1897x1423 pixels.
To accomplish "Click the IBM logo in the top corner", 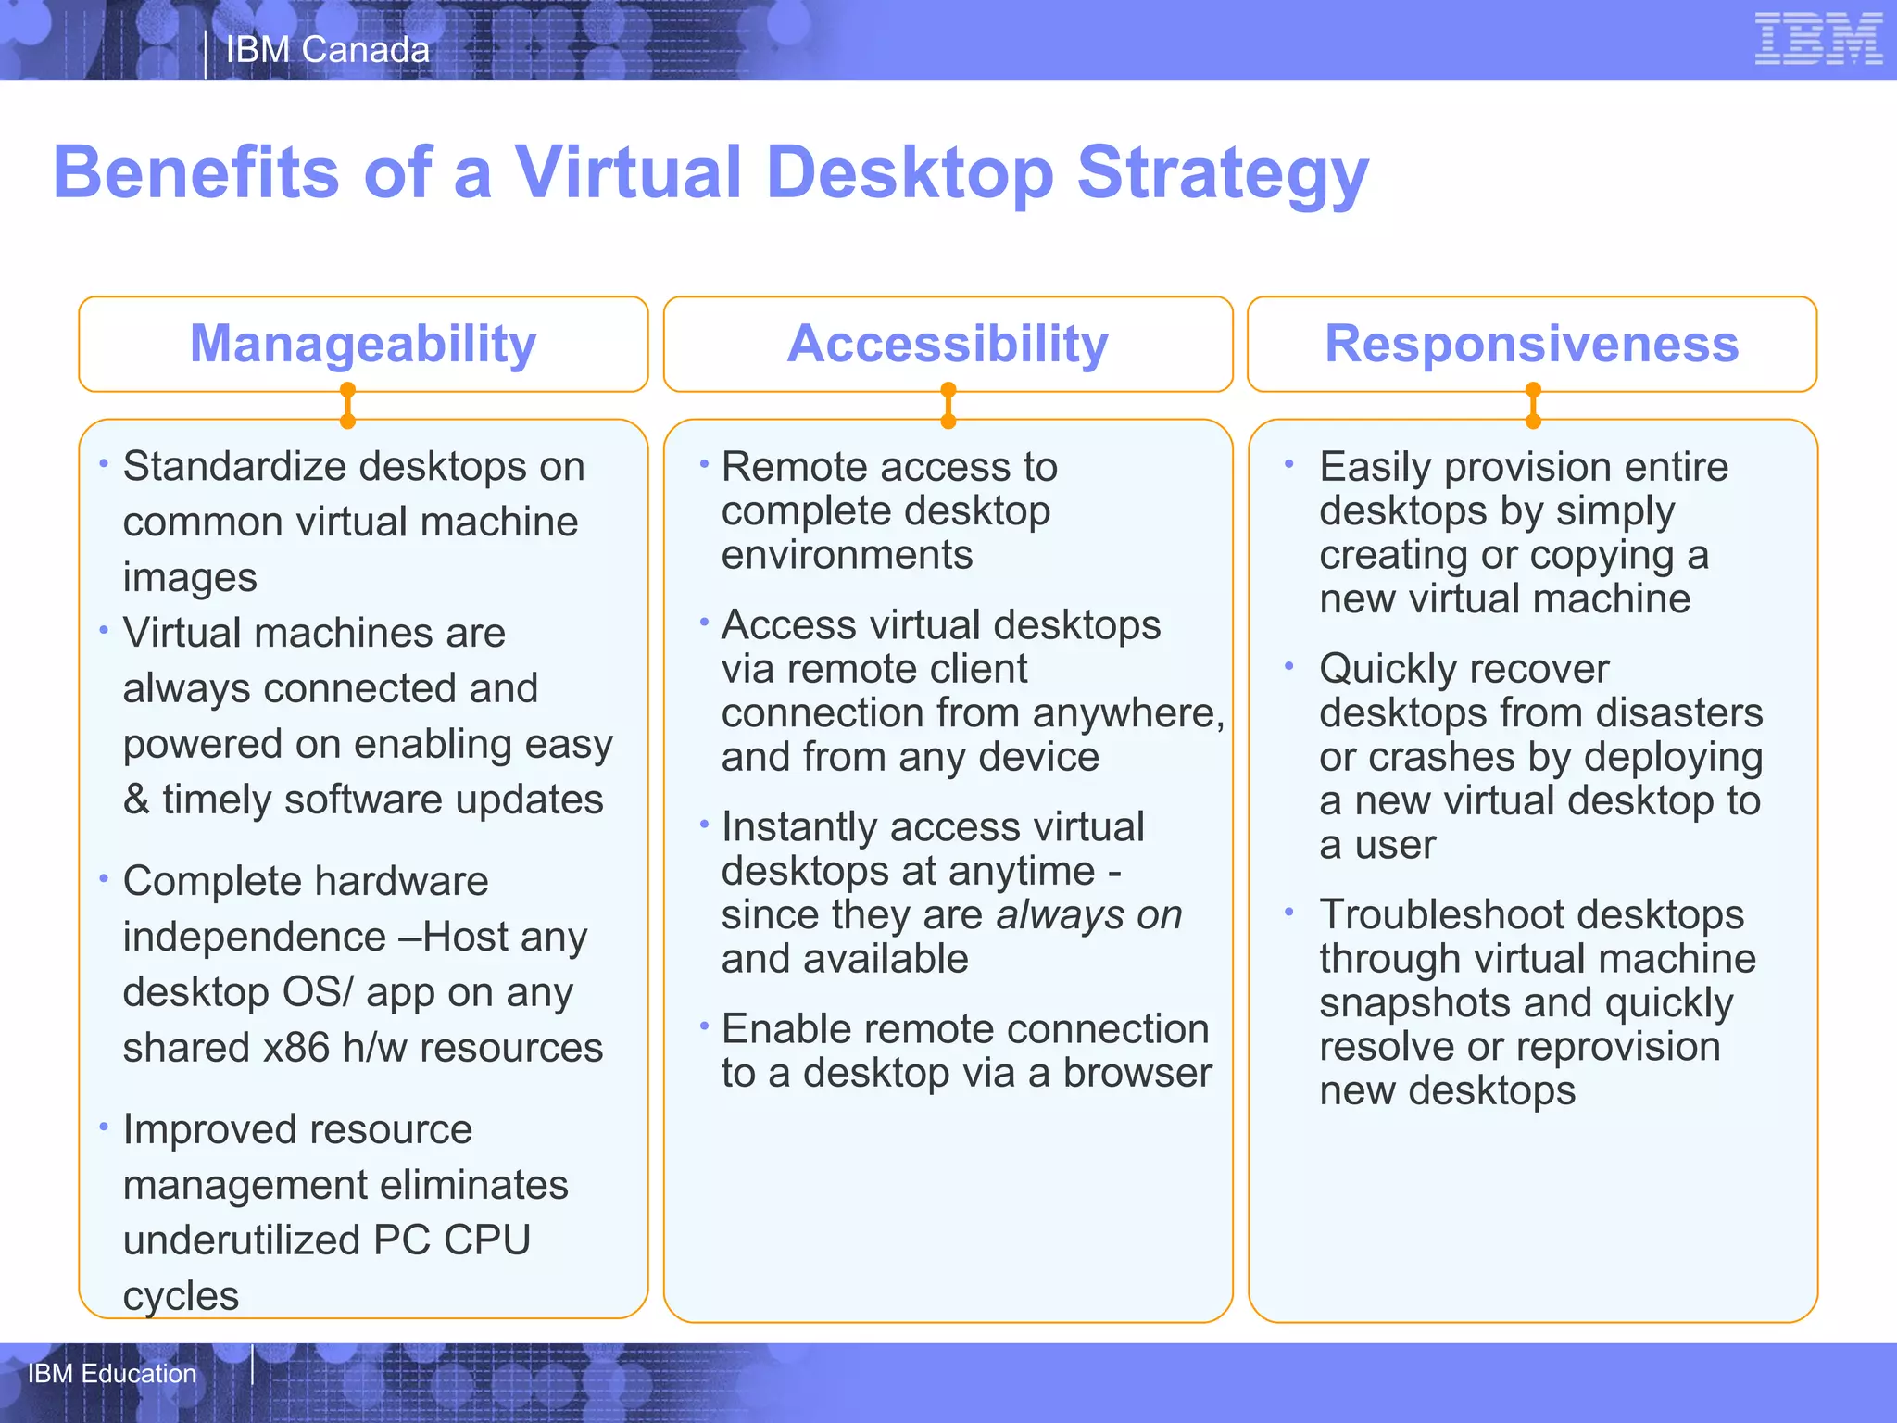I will [x=1817, y=39].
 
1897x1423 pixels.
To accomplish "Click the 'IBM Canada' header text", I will [x=328, y=50].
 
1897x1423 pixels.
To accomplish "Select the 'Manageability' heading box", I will [x=363, y=344].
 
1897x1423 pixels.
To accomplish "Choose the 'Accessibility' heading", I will [x=948, y=344].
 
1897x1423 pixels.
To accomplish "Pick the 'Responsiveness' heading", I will [x=1531, y=344].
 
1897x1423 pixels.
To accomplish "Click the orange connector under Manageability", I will [x=347, y=406].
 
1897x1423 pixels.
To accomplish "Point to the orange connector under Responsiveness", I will [x=1533, y=406].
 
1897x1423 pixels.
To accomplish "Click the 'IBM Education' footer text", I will [x=112, y=1373].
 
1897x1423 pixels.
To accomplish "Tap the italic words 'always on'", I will [x=1089, y=915].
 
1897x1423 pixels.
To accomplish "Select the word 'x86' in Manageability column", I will [x=296, y=1048].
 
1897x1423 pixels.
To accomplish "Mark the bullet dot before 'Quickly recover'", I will [x=1288, y=666].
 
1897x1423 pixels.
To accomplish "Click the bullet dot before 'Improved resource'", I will [x=104, y=1127].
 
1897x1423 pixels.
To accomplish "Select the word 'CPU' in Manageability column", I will [x=487, y=1240].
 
